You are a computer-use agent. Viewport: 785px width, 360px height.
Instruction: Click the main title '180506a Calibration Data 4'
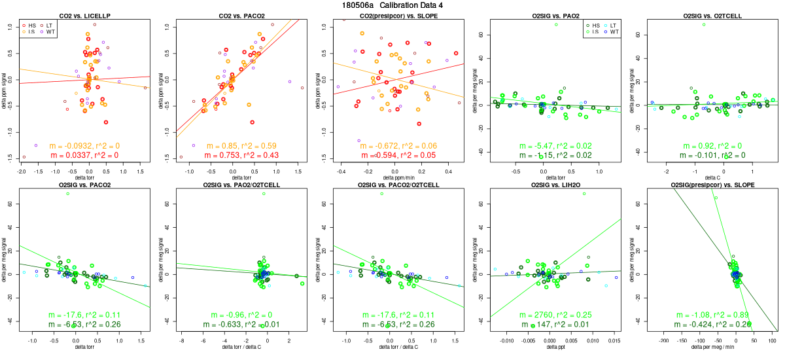(x=392, y=5)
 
